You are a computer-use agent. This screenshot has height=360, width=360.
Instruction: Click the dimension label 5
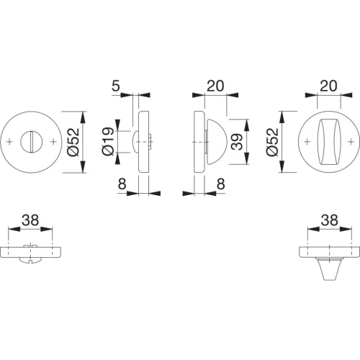coord(116,86)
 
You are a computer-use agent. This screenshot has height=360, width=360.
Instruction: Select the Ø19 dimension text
coord(108,142)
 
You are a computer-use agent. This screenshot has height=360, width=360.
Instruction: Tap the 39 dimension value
coord(238,142)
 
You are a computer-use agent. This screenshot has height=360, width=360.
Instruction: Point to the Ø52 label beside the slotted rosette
coord(73,142)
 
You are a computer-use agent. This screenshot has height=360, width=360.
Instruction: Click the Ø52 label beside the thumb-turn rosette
coord(272,142)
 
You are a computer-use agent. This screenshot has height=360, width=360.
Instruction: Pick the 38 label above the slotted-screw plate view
coord(30,220)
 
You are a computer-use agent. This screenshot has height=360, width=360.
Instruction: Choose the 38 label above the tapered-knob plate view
coord(330,220)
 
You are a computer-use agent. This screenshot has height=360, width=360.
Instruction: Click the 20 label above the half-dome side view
coord(215,86)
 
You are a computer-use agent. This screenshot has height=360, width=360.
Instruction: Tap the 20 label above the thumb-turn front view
coord(328,86)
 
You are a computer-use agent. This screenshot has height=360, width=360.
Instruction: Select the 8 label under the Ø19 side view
coord(122,184)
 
